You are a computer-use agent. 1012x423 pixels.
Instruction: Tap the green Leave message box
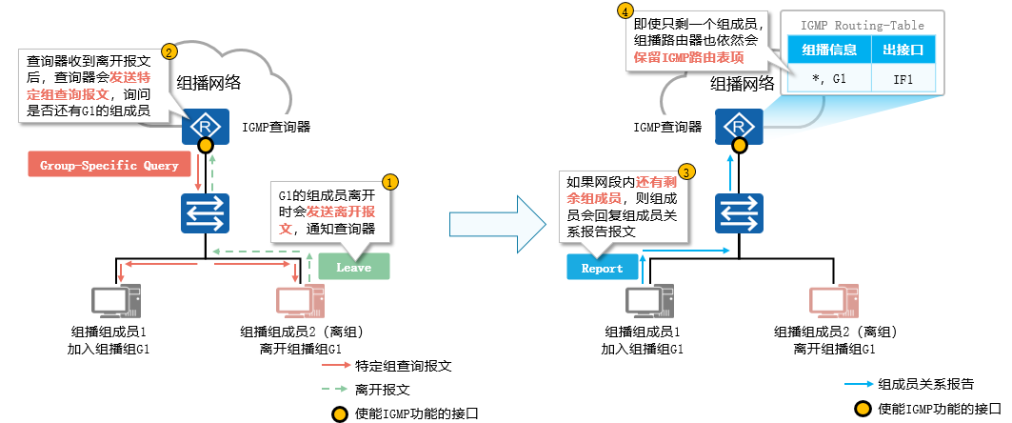tap(353, 268)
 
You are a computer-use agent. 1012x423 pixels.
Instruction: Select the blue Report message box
tap(602, 268)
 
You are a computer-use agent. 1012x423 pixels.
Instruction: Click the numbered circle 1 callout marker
tap(389, 180)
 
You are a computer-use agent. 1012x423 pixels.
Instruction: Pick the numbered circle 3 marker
tap(685, 172)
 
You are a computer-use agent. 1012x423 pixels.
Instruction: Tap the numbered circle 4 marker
tap(625, 11)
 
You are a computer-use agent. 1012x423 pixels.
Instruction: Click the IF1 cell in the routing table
tap(903, 78)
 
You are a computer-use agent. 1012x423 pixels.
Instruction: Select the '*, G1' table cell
tap(830, 78)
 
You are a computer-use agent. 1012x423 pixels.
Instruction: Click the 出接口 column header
tap(903, 50)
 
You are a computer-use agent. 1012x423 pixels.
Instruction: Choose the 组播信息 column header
tap(830, 50)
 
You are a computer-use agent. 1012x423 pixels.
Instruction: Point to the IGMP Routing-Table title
tap(862, 26)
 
